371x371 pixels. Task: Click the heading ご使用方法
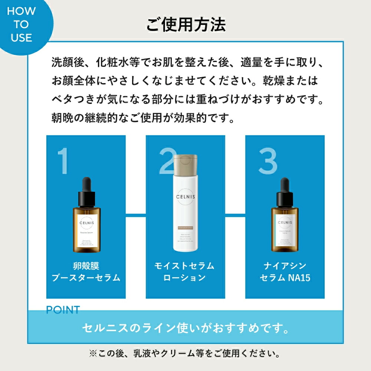(185, 25)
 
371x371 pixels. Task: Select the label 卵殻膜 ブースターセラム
(86, 272)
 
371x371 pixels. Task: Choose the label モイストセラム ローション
(185, 272)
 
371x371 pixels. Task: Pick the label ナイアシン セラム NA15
(285, 272)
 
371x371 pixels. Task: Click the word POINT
(63, 310)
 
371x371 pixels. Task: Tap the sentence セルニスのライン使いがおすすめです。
(185, 328)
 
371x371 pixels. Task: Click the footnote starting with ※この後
(185, 353)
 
